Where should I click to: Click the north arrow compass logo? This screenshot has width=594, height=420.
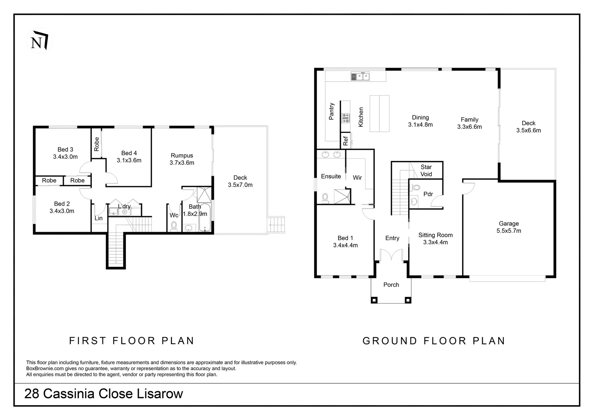click(x=39, y=40)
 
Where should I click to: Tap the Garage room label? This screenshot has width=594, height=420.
click(x=508, y=224)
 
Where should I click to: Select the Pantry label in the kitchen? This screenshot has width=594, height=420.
click(x=332, y=111)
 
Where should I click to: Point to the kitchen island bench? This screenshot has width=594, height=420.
click(x=379, y=114)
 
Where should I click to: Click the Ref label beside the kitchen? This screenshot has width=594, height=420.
click(x=345, y=141)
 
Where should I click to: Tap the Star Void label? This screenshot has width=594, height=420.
click(x=426, y=170)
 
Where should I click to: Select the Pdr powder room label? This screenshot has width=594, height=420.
click(x=428, y=194)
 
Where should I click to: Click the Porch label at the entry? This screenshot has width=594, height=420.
click(x=391, y=285)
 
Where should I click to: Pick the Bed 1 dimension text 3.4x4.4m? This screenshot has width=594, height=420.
click(x=345, y=245)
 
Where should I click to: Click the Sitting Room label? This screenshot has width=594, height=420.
click(x=435, y=235)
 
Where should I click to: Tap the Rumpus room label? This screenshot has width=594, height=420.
click(x=182, y=156)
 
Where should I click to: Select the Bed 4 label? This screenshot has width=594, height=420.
click(x=129, y=153)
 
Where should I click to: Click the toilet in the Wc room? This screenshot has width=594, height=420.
click(x=174, y=226)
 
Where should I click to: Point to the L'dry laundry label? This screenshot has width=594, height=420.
click(x=124, y=206)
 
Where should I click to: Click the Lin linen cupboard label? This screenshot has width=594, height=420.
click(x=99, y=218)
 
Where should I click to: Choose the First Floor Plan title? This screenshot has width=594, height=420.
click(x=132, y=341)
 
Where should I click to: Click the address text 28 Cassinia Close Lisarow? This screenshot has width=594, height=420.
click(x=104, y=394)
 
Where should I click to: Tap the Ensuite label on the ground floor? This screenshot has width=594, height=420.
click(x=331, y=176)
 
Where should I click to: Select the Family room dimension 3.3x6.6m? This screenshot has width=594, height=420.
click(x=469, y=127)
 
